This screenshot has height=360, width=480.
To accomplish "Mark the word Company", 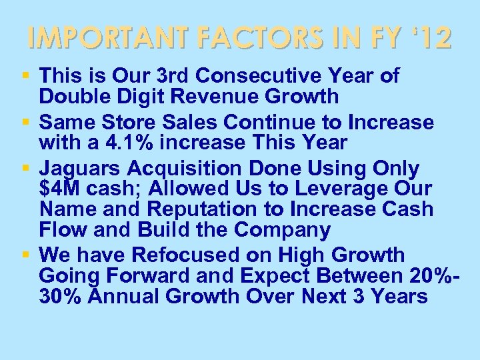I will coord(283,230).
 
